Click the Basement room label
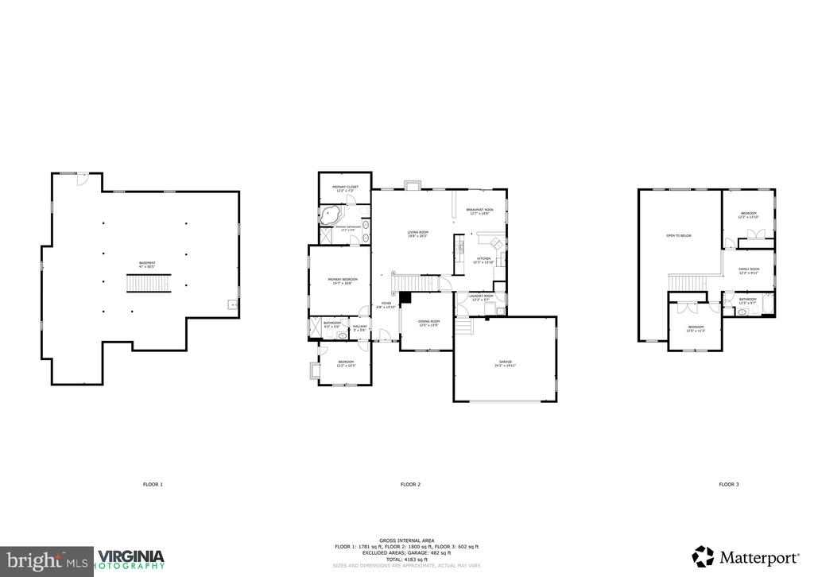[147, 264]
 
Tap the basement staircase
[149, 284]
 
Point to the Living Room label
[418, 234]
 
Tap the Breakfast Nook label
[480, 211]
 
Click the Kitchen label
[484, 260]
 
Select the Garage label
[506, 363]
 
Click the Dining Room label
[429, 323]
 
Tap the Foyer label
[386, 304]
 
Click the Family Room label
[749, 270]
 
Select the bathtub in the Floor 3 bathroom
[768, 304]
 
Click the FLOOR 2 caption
[410, 484]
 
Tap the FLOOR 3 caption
[728, 484]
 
